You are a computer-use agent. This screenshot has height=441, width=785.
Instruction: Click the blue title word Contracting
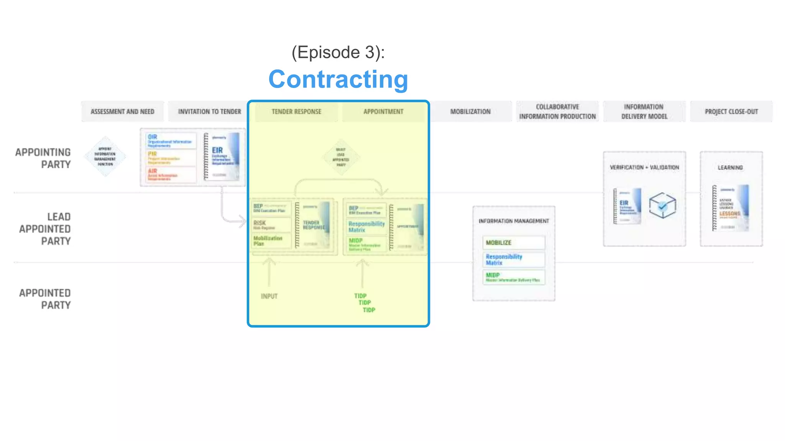click(338, 80)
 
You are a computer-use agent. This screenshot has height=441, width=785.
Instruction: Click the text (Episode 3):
click(338, 52)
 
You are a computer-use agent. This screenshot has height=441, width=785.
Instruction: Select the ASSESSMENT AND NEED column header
click(122, 111)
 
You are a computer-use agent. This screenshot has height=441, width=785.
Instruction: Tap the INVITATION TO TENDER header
click(209, 111)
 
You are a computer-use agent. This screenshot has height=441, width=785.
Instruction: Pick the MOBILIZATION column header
click(470, 111)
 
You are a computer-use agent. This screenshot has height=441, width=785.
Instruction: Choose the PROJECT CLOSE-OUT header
click(731, 111)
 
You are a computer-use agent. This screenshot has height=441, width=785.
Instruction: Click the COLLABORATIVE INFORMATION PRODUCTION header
click(557, 111)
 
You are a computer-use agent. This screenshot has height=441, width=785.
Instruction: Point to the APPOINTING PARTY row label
click(43, 158)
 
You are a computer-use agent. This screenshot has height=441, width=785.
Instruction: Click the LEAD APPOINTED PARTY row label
click(45, 229)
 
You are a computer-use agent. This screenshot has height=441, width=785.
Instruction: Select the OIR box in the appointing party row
click(170, 140)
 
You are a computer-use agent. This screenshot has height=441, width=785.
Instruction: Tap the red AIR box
click(170, 175)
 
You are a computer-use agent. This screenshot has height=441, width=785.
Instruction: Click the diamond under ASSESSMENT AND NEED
click(105, 157)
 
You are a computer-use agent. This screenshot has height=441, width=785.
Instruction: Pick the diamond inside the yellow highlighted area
click(341, 157)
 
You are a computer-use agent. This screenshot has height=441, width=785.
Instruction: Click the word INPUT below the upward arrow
click(269, 296)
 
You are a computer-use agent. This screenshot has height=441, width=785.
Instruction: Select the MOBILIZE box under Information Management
click(513, 242)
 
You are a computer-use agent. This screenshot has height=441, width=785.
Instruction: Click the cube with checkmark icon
click(662, 206)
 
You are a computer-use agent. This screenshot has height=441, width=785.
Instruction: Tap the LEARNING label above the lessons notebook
click(730, 167)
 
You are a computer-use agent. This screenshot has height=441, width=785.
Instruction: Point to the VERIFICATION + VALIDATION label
click(644, 167)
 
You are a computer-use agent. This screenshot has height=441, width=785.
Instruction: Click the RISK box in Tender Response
click(271, 225)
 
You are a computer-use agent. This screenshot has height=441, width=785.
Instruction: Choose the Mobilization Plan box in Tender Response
click(271, 241)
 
